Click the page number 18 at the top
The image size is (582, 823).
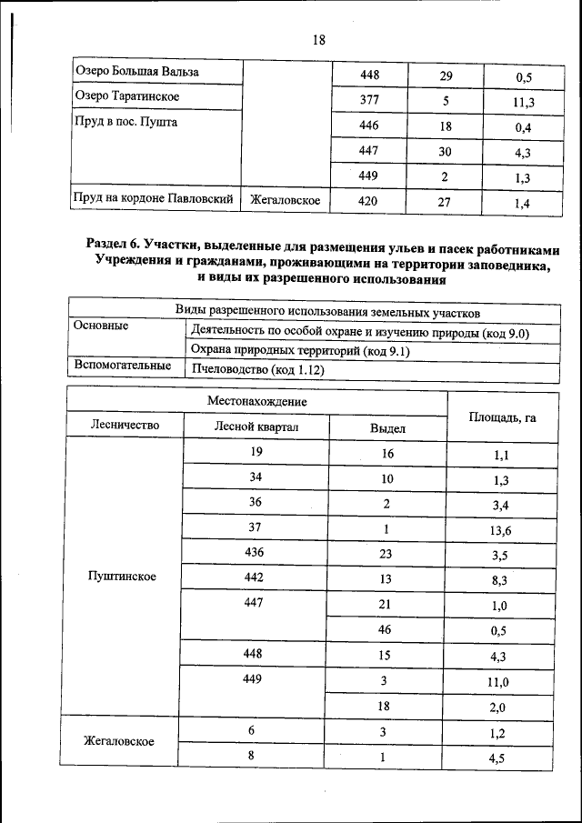point(318,40)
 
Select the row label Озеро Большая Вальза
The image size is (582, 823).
point(136,71)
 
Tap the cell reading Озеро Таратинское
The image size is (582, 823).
point(126,95)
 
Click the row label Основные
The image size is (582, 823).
point(100,326)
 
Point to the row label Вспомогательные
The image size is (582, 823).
point(123,366)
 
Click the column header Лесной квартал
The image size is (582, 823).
point(256,427)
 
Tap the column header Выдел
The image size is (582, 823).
point(387,427)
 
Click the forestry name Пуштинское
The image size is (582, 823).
point(122,577)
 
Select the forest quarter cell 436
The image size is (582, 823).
point(256,551)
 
